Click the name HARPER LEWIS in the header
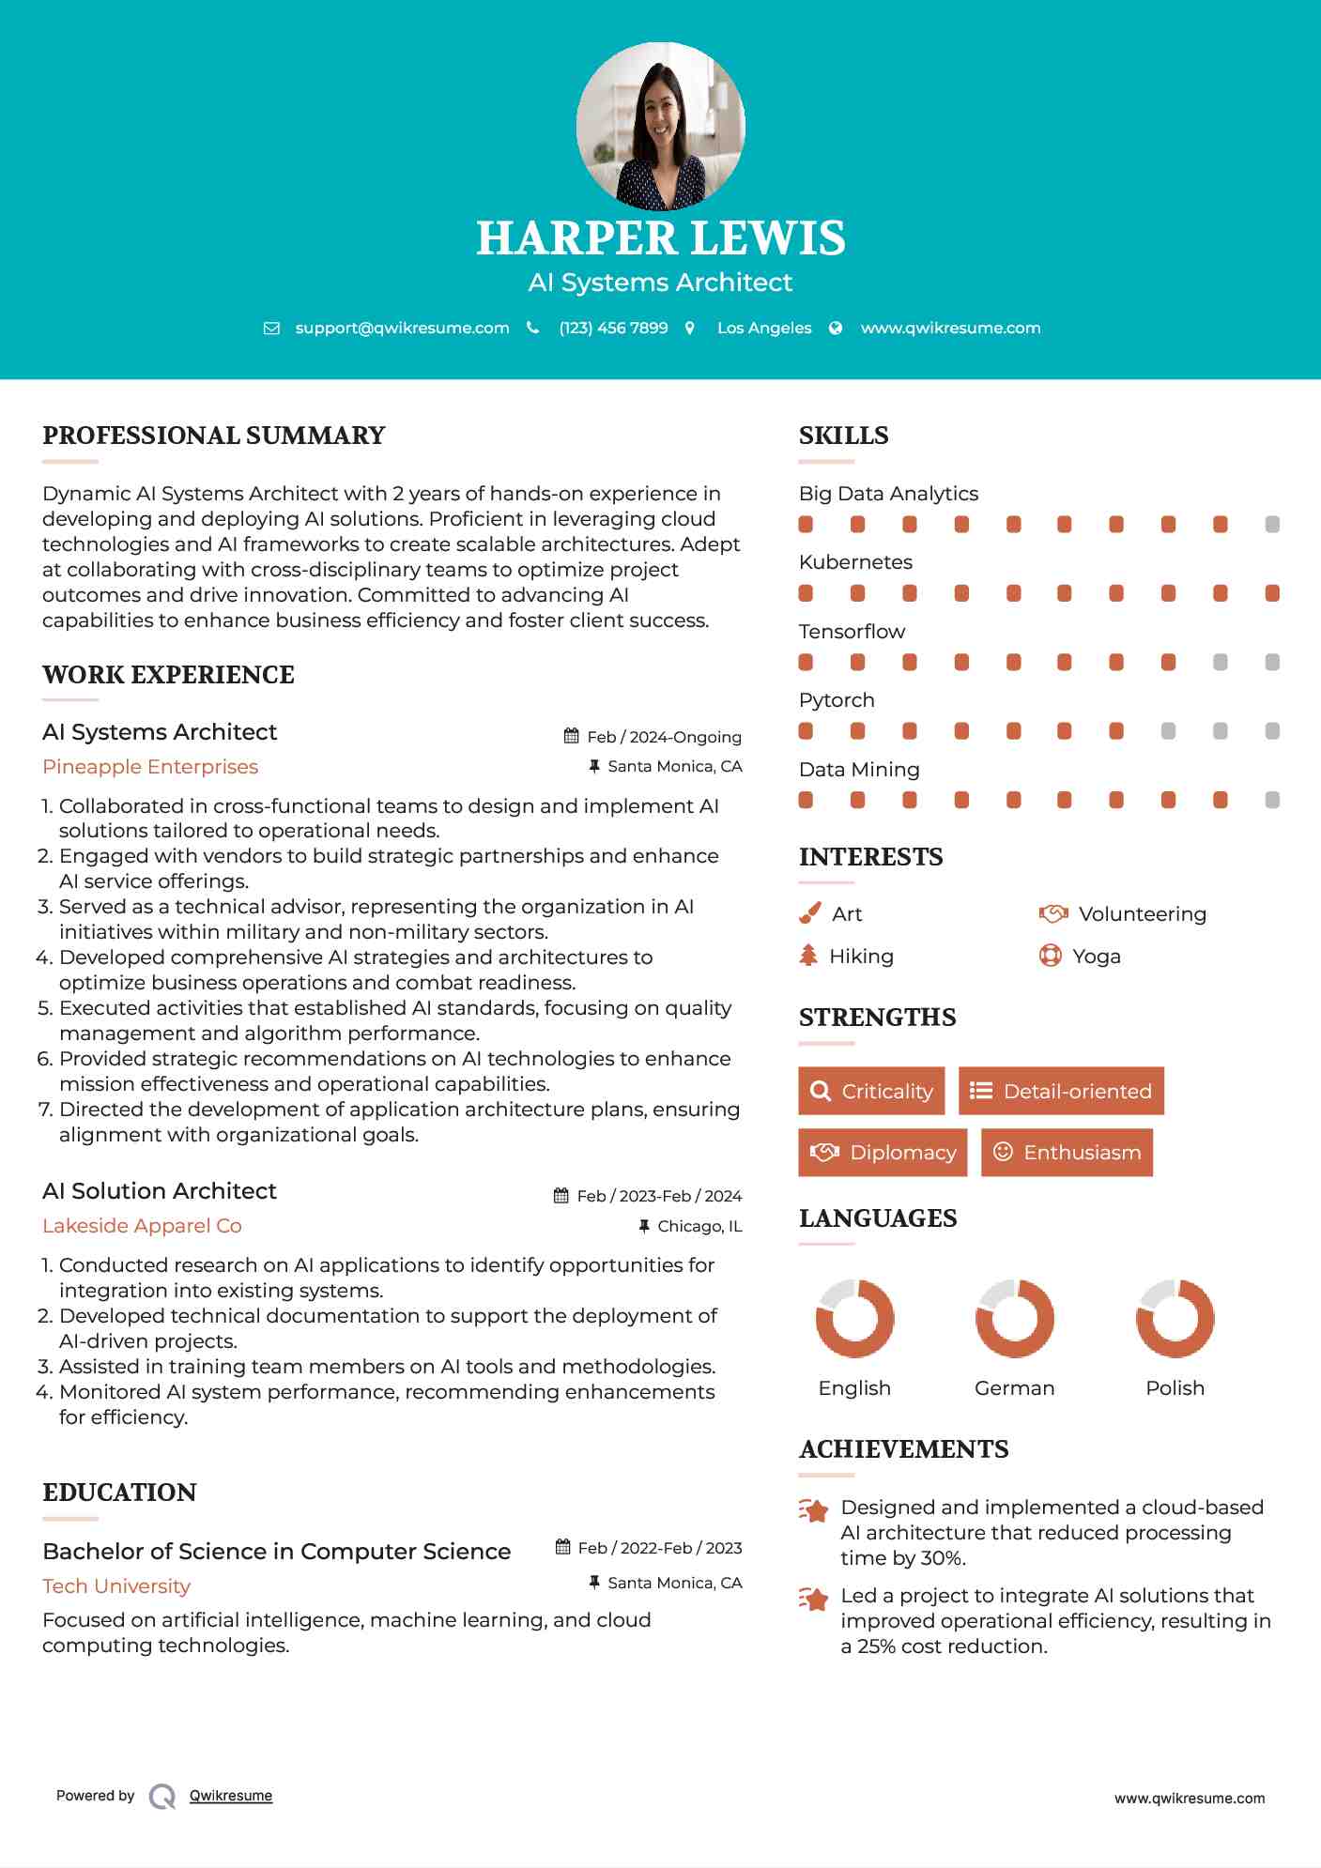660,238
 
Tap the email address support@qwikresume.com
402,328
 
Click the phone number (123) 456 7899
613,328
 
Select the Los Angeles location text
764,328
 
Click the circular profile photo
660,126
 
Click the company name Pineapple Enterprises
150,767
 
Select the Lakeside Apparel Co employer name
142,1226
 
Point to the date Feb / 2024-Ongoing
664,737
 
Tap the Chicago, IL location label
699,1226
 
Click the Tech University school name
116,1586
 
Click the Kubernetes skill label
855,562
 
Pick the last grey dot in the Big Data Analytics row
1272,525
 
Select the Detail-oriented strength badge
1061,1091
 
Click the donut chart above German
1014,1318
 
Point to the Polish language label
1175,1388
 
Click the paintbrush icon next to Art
809,913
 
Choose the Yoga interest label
1097,957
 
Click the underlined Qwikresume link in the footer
231,1796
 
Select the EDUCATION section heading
119,1493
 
